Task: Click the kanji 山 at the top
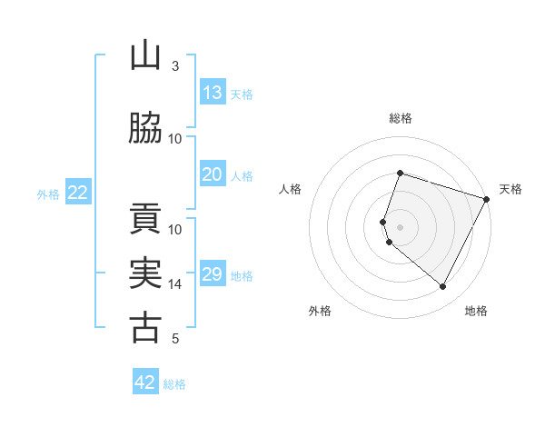pyautogui.click(x=145, y=56)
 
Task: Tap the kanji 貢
pyautogui.click(x=145, y=220)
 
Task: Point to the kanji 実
pyautogui.click(x=145, y=274)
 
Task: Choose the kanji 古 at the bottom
pyautogui.click(x=145, y=329)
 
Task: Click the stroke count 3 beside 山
pyautogui.click(x=175, y=66)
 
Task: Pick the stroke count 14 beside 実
pyautogui.click(x=175, y=284)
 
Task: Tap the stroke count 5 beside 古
pyautogui.click(x=175, y=339)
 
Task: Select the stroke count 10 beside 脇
pyautogui.click(x=175, y=139)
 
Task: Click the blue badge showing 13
pyautogui.click(x=212, y=93)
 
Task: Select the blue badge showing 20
pyautogui.click(x=212, y=175)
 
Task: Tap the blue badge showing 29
pyautogui.click(x=212, y=275)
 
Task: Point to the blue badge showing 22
pyautogui.click(x=78, y=193)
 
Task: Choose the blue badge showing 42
pyautogui.click(x=145, y=383)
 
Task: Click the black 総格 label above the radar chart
pyautogui.click(x=401, y=118)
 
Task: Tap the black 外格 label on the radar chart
pyautogui.click(x=320, y=312)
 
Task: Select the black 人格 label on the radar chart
pyautogui.click(x=290, y=189)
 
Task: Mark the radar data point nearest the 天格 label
pyautogui.click(x=487, y=199)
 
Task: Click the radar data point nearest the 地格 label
pyautogui.click(x=443, y=287)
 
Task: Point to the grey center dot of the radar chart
pyautogui.click(x=401, y=226)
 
